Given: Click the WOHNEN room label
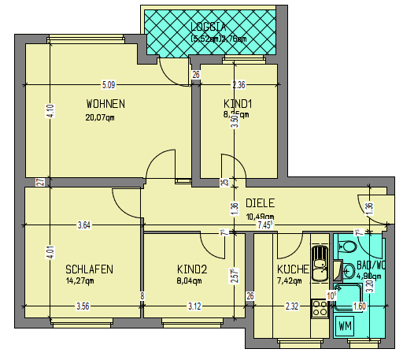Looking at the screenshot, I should pos(105,104).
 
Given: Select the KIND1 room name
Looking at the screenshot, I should pos(238,104).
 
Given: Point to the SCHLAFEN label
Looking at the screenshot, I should pos(89,269).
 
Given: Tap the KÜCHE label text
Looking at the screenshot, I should pos(292,269).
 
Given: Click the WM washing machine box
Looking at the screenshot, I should pos(345,325).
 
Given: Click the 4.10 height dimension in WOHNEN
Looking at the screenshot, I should pos(50,112).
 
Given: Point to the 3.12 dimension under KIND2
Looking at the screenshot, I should pos(191,306).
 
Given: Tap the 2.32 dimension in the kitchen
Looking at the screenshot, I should pos(291,306).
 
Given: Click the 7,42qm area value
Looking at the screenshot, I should pos(292,280).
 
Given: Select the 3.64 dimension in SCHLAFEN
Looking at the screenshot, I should pos(83,227).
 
